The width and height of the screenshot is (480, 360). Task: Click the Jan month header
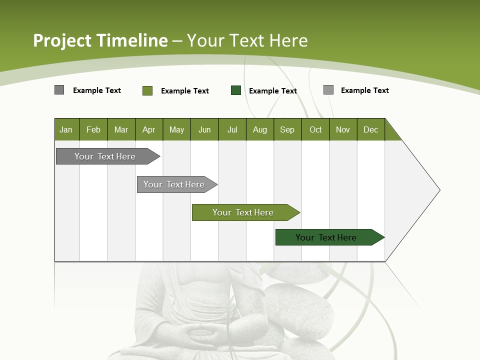click(66, 129)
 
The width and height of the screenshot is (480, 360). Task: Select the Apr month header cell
click(148, 129)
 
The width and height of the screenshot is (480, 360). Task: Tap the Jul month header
click(232, 129)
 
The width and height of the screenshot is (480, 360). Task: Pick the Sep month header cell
click(287, 129)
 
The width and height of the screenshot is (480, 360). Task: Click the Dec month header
click(370, 129)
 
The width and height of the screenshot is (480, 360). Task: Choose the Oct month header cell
click(315, 129)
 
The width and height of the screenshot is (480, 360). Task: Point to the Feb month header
click(93, 129)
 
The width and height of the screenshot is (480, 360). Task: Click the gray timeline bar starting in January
click(105, 156)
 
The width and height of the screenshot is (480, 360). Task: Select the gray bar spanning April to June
click(174, 184)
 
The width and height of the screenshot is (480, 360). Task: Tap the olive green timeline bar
click(243, 212)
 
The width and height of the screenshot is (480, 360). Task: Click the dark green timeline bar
click(326, 237)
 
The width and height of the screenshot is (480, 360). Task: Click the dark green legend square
click(236, 90)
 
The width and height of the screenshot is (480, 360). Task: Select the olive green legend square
click(147, 90)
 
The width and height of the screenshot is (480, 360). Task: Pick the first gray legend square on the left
click(59, 90)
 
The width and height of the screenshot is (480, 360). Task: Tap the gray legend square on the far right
click(328, 90)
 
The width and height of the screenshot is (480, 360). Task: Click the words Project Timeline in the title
click(100, 40)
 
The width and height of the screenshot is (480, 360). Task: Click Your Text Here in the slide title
click(247, 40)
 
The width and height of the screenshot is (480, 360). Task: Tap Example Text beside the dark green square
click(273, 91)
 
